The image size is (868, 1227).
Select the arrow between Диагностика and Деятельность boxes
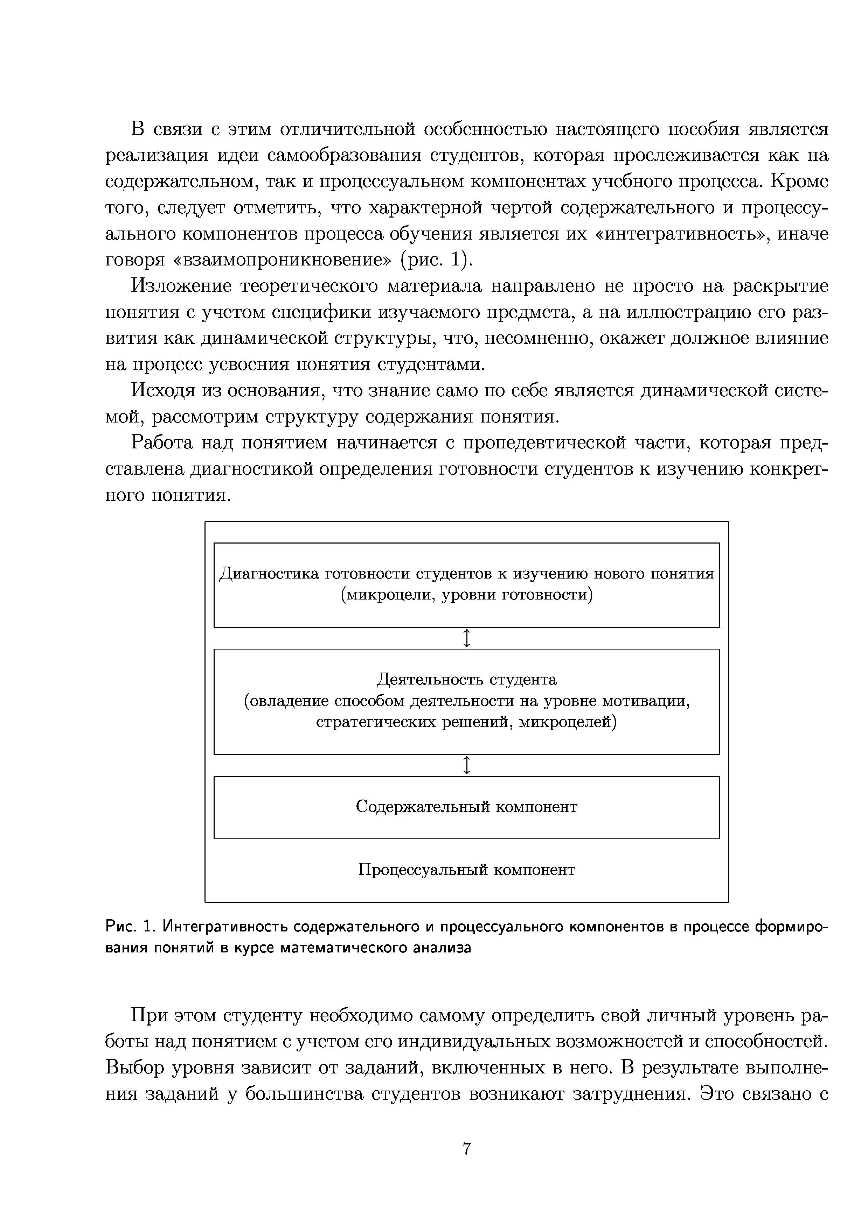tap(467, 638)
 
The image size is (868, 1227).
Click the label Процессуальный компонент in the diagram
tap(466, 870)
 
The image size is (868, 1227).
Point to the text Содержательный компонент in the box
tap(466, 807)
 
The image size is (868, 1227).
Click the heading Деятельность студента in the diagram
tap(466, 679)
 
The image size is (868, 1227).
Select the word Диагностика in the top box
tap(270, 574)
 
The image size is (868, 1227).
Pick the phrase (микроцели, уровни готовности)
tap(466, 595)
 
